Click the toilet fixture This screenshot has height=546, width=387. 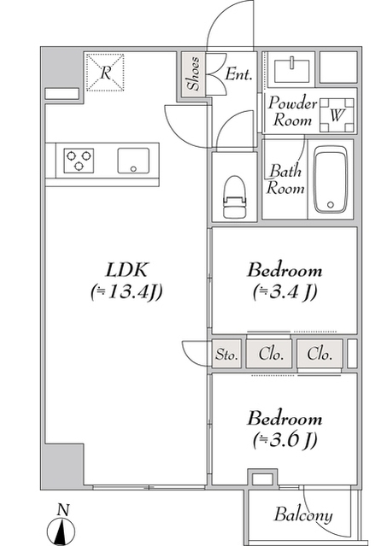click(234, 197)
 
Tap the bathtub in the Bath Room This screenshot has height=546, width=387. click(331, 179)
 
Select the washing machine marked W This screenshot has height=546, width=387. click(337, 115)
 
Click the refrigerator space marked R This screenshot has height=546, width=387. click(105, 73)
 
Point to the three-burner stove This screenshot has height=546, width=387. click(79, 160)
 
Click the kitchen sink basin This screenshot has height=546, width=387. click(133, 161)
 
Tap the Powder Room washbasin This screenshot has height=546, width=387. click(291, 71)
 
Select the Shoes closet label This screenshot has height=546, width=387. click(193, 73)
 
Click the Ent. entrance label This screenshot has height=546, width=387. click(238, 73)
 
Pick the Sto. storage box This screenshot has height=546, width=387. click(226, 354)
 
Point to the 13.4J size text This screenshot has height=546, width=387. click(126, 292)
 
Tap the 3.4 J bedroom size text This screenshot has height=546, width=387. click(285, 292)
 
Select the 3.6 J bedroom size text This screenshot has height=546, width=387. click(285, 439)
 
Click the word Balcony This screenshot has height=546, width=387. click(302, 514)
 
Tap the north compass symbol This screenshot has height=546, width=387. click(62, 532)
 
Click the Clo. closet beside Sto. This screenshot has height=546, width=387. click(269, 354)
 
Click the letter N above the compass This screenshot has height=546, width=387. click(63, 510)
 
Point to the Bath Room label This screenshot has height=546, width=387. click(285, 179)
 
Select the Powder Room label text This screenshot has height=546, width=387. click(292, 111)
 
